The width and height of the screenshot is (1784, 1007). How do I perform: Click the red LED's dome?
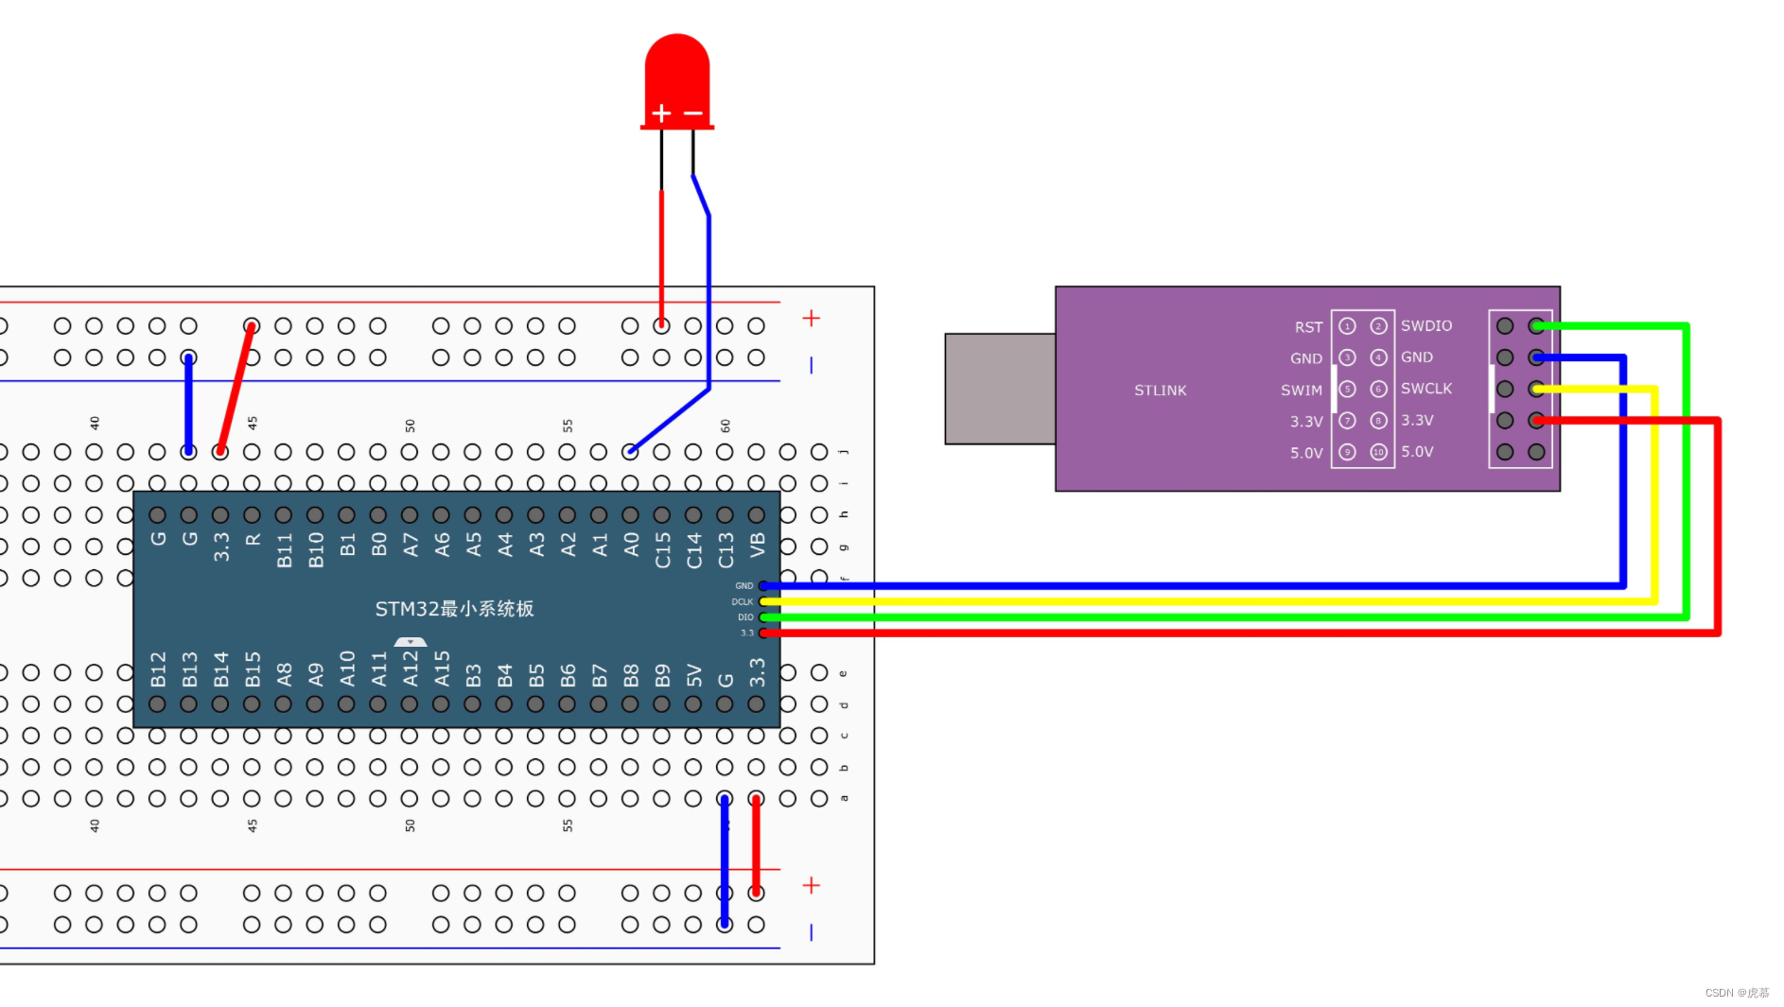[677, 71]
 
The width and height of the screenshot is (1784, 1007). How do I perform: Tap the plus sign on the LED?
[661, 113]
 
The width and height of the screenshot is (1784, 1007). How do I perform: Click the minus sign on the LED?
[693, 113]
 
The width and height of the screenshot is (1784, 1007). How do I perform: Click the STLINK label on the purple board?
[1160, 391]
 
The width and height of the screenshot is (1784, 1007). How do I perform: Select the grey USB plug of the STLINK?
[1000, 388]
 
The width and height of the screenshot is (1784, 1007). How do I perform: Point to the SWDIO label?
[1425, 326]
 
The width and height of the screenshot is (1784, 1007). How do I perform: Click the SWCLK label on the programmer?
[1425, 389]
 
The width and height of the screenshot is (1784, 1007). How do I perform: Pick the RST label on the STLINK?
[1308, 327]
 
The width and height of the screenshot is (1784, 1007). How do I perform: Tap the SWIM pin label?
[1301, 391]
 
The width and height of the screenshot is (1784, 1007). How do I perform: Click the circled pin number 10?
[1378, 452]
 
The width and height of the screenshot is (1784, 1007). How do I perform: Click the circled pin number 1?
[1347, 326]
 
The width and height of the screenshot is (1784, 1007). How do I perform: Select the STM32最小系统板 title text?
[454, 609]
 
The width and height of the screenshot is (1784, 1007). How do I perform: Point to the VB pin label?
[757, 545]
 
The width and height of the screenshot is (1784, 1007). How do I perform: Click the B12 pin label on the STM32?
[158, 668]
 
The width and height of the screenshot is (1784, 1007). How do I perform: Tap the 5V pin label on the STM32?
[694, 674]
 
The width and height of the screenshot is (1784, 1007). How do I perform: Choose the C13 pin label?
[726, 549]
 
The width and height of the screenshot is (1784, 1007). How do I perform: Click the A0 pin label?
[631, 545]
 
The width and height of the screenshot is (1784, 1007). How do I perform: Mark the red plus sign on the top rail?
[811, 319]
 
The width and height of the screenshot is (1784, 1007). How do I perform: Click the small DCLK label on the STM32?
[742, 601]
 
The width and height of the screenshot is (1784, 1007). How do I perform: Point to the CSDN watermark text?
[1737, 993]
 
